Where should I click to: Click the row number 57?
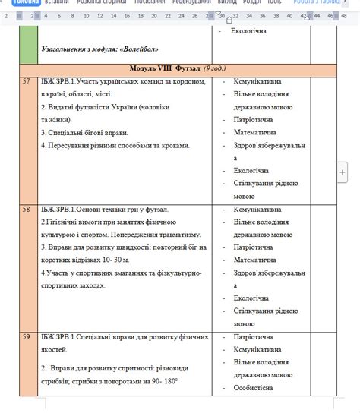pyautogui.click(x=26, y=81)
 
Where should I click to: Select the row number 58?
pyautogui.click(x=26, y=209)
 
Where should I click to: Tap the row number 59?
pyautogui.click(x=26, y=336)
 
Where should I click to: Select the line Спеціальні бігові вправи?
pyautogui.click(x=80, y=132)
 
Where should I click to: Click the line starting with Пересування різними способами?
pyautogui.click(x=114, y=145)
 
